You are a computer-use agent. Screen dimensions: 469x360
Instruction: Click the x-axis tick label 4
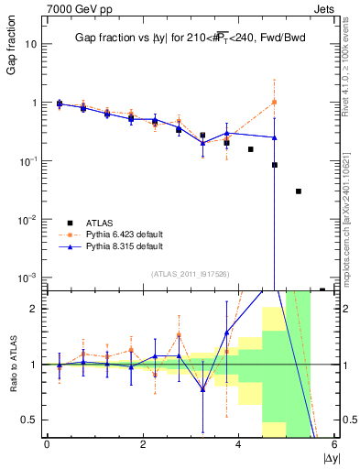coord(238,444)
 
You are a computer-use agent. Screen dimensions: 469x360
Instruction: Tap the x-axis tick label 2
coord(143,444)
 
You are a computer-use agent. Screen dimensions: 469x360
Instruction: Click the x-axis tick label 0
coord(47,444)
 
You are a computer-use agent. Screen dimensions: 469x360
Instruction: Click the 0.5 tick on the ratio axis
coord(29,420)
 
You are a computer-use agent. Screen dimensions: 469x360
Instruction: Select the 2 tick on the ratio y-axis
coord(33,309)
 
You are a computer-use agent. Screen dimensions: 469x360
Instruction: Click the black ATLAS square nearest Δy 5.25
coord(299,191)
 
